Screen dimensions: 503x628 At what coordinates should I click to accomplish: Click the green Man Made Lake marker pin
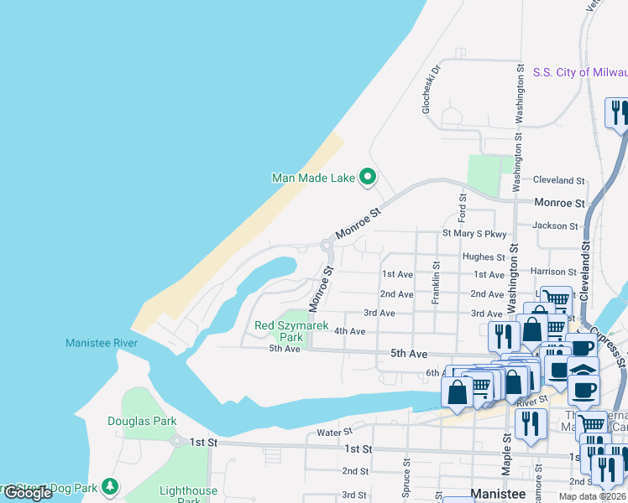pyautogui.click(x=367, y=177)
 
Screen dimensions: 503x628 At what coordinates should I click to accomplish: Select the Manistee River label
pyautogui.click(x=102, y=343)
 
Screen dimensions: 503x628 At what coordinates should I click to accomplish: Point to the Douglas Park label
pyautogui.click(x=142, y=421)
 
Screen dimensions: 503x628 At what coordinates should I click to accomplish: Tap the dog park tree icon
pyautogui.click(x=109, y=486)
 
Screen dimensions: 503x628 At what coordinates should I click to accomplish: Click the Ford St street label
pyautogui.click(x=462, y=204)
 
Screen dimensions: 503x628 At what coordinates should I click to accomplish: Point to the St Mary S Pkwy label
pyautogui.click(x=474, y=234)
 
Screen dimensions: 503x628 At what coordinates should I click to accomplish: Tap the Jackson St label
pyautogui.click(x=556, y=226)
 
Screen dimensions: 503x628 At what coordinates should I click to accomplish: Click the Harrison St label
pyautogui.click(x=552, y=272)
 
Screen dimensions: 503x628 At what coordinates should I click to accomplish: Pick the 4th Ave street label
pyautogui.click(x=349, y=331)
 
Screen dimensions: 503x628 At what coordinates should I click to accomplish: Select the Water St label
pyautogui.click(x=334, y=433)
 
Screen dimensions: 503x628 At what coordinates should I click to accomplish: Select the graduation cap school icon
pyautogui.click(x=583, y=368)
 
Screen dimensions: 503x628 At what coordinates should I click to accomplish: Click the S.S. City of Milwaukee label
pyautogui.click(x=579, y=73)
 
